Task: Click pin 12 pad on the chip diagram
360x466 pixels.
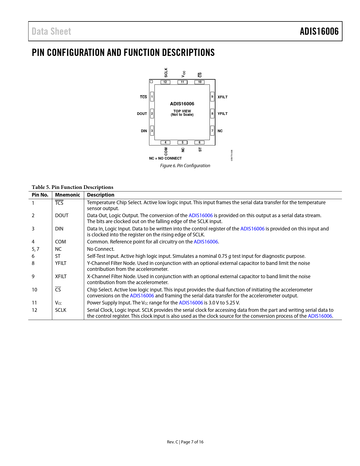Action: [165, 82]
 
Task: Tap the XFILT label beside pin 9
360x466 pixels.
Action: [222, 97]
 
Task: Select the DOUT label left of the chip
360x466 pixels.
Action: [142, 114]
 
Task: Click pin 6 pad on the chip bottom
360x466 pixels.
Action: [199, 143]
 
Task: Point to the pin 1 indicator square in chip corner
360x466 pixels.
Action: [151, 82]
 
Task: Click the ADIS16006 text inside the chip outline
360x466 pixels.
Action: [182, 104]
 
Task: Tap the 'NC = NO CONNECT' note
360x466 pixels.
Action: [165, 158]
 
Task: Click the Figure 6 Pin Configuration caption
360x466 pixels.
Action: [185, 166]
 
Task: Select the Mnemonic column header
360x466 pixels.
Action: [67, 195]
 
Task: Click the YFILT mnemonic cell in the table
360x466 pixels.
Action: [61, 263]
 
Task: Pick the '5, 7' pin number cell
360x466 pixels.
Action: [36, 249]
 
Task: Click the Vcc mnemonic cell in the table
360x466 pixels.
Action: [58, 303]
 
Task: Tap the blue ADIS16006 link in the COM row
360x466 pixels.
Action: [206, 242]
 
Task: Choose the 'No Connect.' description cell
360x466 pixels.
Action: [101, 249]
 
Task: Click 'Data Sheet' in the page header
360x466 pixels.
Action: [51, 31]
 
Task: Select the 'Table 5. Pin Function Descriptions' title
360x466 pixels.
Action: [73, 187]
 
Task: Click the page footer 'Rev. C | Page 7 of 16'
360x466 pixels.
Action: [185, 442]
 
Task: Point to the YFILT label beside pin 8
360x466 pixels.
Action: [222, 114]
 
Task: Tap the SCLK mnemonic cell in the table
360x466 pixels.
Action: [61, 310]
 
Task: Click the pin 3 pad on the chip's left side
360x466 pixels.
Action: [152, 131]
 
